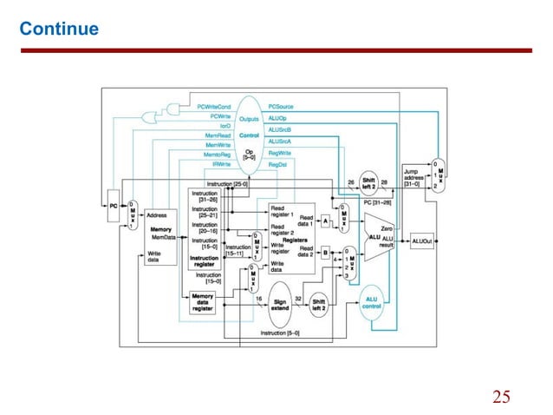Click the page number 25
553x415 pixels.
[501, 397]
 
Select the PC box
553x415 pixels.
[113, 205]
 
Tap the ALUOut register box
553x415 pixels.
[422, 240]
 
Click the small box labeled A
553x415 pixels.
[327, 221]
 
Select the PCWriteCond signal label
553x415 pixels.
[213, 105]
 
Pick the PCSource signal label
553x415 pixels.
[282, 105]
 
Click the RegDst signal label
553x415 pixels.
[277, 163]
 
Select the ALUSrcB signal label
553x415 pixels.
[281, 129]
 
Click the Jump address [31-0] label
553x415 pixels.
[416, 177]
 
